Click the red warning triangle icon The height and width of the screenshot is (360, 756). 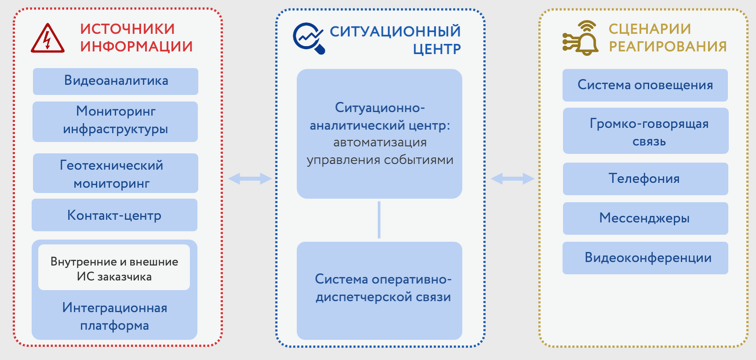(47, 39)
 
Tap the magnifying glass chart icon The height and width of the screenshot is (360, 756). (309, 38)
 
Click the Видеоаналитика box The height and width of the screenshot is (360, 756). (116, 81)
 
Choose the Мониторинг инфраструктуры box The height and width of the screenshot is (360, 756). (115, 121)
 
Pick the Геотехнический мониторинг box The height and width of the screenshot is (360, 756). (116, 173)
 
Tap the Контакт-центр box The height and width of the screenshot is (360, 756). (114, 215)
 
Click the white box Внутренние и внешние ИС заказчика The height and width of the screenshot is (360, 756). (114, 268)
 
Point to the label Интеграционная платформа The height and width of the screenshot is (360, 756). (114, 316)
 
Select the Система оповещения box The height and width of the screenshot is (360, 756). (645, 85)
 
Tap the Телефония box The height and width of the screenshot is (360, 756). (645, 179)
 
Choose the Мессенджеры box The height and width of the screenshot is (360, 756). (645, 218)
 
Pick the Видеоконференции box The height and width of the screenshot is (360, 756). (645, 258)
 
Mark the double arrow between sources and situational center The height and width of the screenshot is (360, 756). (250, 178)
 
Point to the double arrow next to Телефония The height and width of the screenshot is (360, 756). (512, 178)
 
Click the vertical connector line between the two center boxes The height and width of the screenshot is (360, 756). (379, 220)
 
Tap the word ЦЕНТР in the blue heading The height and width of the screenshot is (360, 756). (436, 49)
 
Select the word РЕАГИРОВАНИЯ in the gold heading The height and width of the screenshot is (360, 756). (667, 47)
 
